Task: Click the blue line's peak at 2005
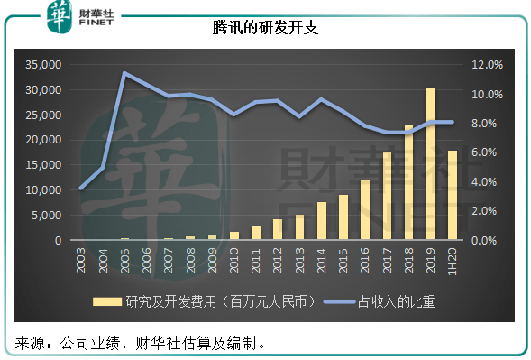click(x=124, y=73)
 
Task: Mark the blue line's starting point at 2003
click(x=82, y=188)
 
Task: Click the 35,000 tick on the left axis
click(x=42, y=65)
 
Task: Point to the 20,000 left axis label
click(x=42, y=140)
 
